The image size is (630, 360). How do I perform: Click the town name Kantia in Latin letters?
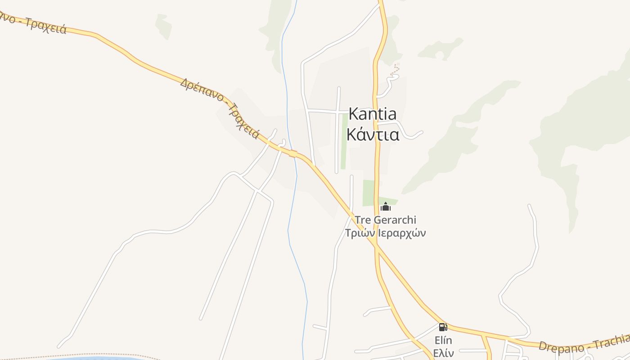373,114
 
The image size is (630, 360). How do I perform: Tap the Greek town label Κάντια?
373,134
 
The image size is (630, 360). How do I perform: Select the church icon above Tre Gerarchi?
385,207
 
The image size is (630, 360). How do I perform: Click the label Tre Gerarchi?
386,220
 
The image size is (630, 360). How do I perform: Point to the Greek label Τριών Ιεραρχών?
385,233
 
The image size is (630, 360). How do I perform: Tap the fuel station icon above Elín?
443,327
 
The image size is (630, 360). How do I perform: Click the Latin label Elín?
443,340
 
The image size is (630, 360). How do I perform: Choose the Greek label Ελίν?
443,352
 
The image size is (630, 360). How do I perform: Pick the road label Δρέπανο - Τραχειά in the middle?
220,108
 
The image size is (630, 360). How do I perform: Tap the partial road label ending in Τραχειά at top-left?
34,22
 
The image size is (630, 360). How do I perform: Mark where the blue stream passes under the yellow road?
294,153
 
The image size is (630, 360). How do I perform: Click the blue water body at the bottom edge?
90,358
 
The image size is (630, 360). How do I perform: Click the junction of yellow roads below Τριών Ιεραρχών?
377,246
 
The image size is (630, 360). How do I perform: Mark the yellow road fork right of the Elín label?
484,335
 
